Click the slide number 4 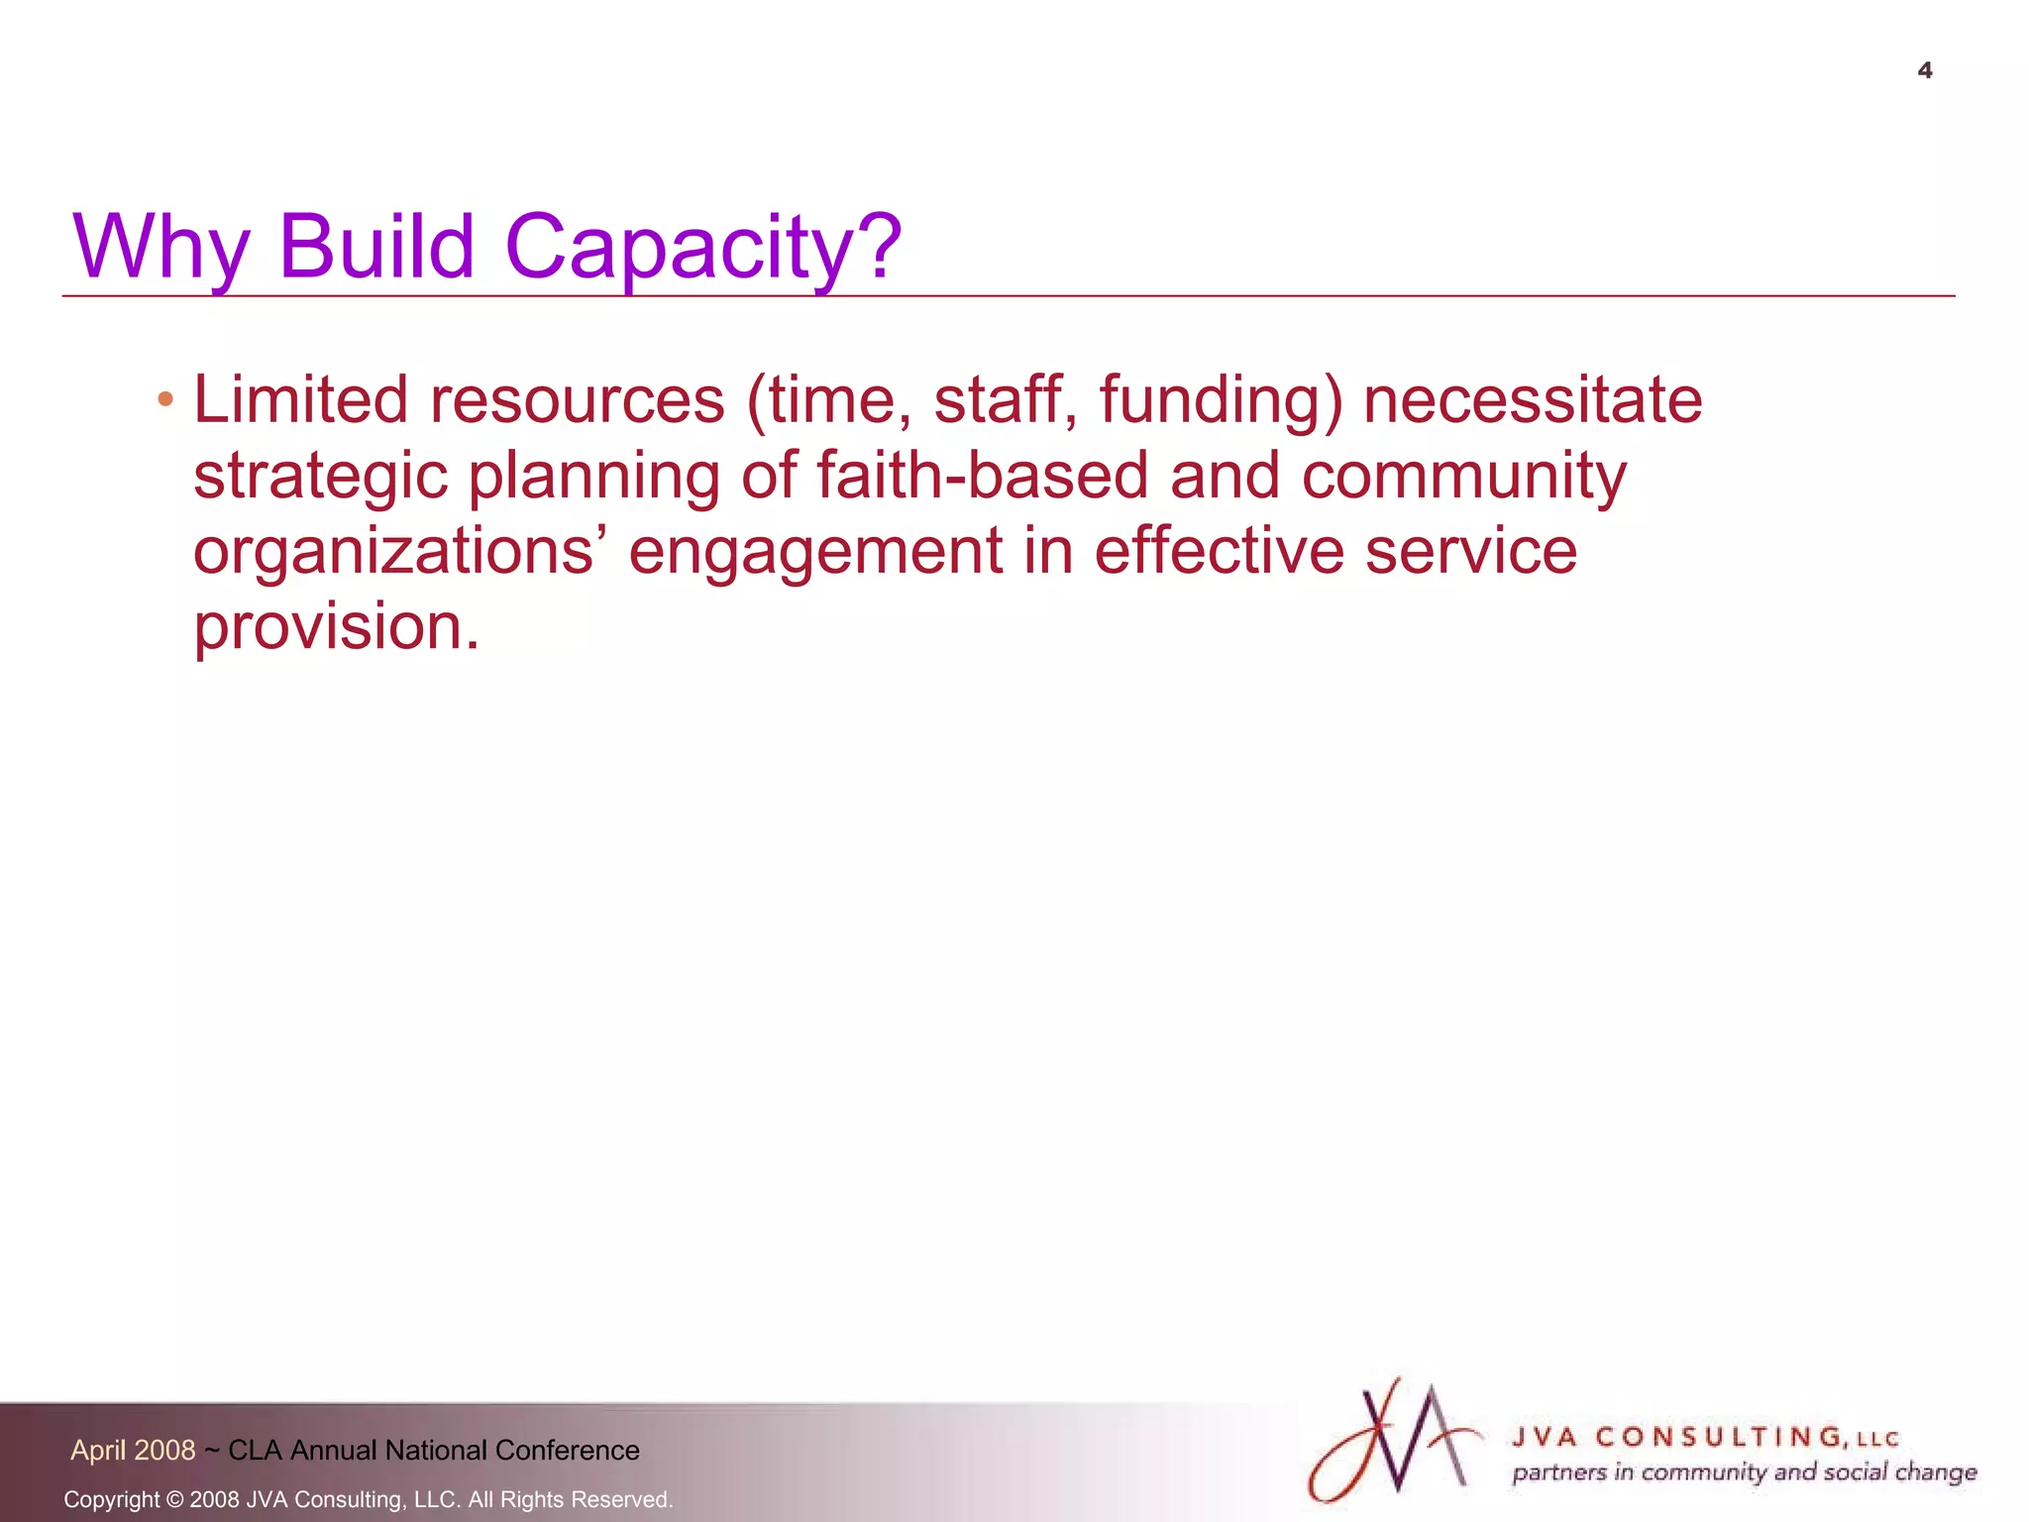pyautogui.click(x=1924, y=70)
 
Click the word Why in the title pyautogui.click(x=160, y=248)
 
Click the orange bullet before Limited pyautogui.click(x=165, y=401)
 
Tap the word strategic pyautogui.click(x=320, y=477)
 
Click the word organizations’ pyautogui.click(x=400, y=552)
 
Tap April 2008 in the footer pyautogui.click(x=133, y=1450)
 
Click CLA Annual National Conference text pyautogui.click(x=433, y=1450)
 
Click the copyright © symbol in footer pyautogui.click(x=174, y=1499)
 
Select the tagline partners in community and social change pyautogui.click(x=1744, y=1472)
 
